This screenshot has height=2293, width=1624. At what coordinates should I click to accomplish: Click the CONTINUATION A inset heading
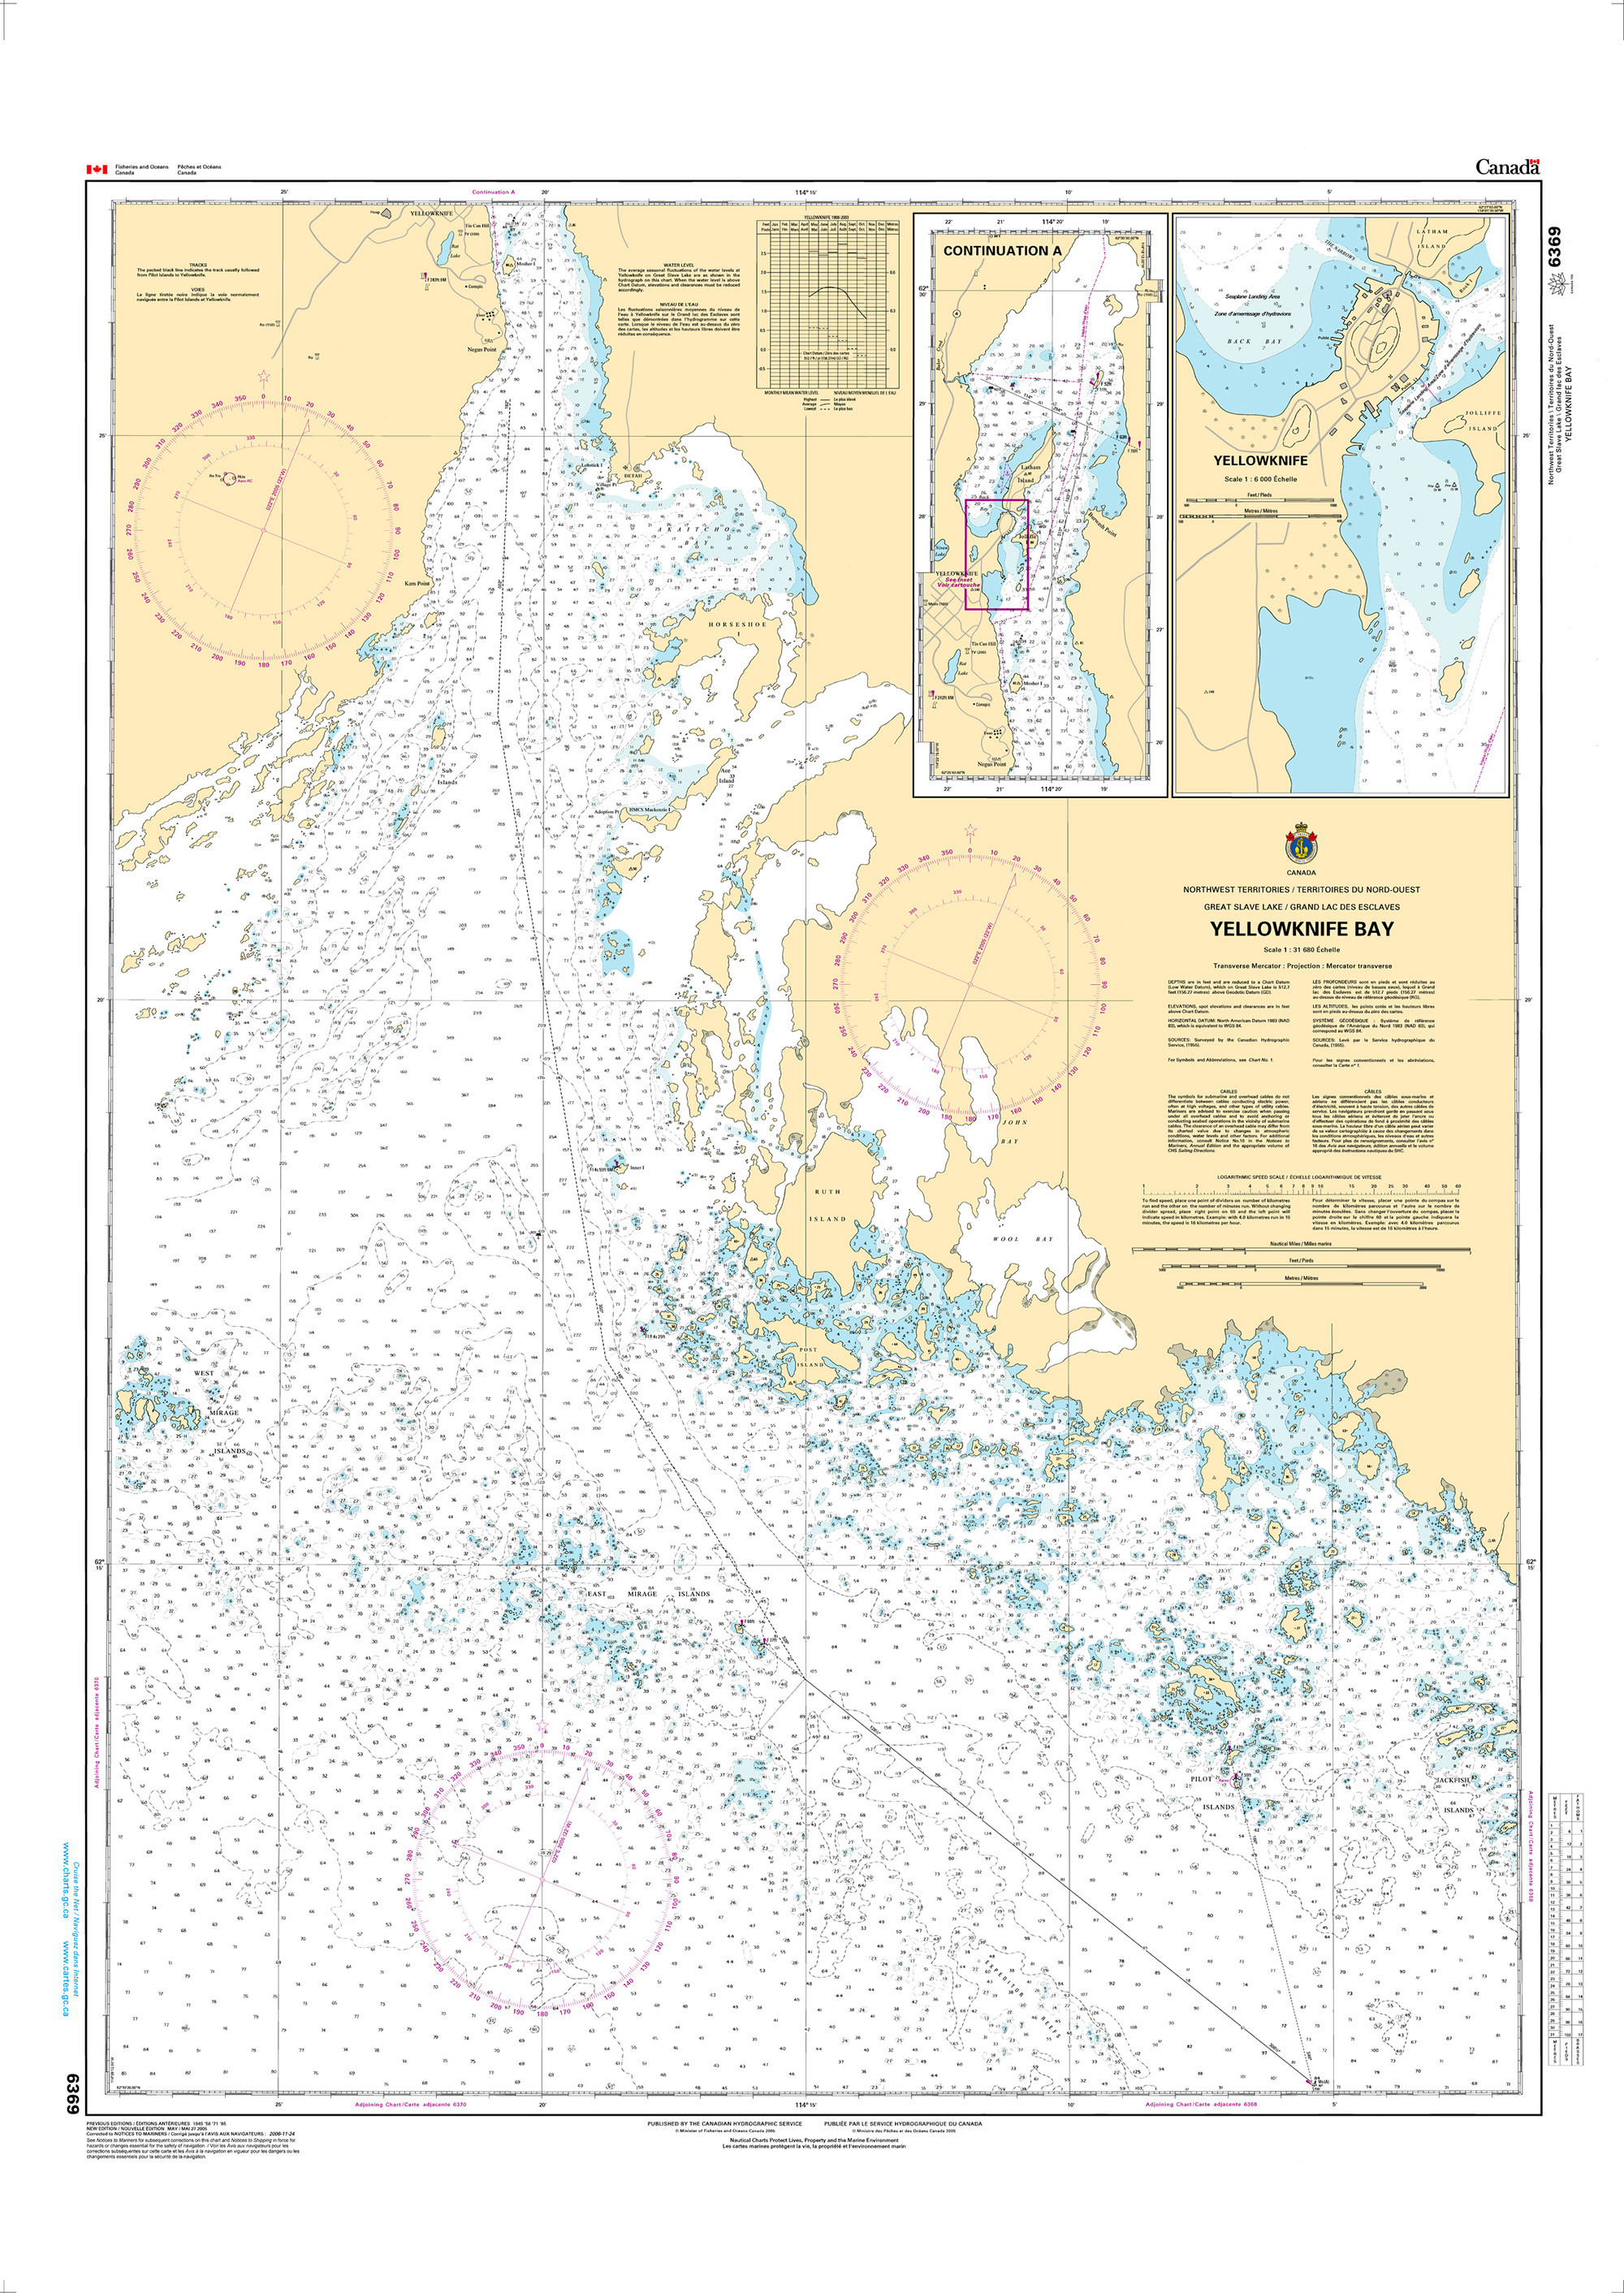coord(1002,251)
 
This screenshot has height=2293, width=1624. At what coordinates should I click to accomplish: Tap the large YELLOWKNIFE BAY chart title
coord(1301,929)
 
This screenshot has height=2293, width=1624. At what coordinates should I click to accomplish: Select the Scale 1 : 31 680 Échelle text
coord(1301,950)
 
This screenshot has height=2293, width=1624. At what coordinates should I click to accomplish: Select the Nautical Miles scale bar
coord(1301,1249)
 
